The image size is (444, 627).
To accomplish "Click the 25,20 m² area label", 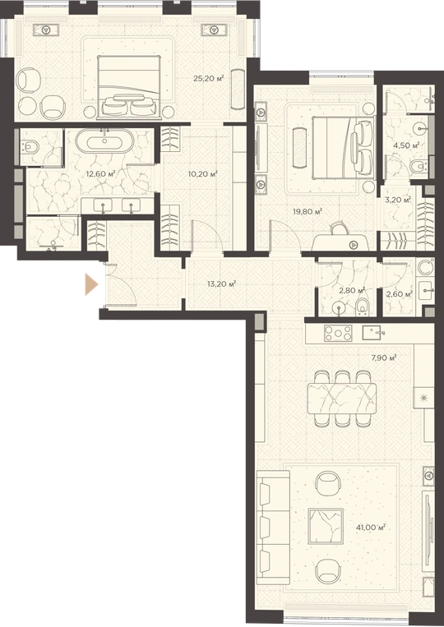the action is (x=208, y=78).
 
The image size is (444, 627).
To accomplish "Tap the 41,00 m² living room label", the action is (x=371, y=528).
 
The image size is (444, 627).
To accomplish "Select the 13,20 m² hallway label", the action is (x=222, y=284).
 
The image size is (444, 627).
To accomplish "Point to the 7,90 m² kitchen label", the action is (x=384, y=358).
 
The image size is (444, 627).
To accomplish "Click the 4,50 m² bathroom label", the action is (x=406, y=145).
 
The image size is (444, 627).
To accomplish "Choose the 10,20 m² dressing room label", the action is (x=203, y=174).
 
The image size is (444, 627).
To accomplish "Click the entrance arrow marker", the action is (x=91, y=284).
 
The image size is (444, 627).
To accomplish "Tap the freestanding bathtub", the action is (x=104, y=141).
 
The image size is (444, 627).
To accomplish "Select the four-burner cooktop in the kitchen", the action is (x=338, y=333).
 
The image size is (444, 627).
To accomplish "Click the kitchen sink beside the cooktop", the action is (x=373, y=333).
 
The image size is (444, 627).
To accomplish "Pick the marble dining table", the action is (x=342, y=399).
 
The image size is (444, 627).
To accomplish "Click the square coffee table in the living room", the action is (x=326, y=526).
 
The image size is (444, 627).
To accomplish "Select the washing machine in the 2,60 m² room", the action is (x=426, y=268).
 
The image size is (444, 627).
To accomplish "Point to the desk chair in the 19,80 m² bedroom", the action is (x=340, y=228).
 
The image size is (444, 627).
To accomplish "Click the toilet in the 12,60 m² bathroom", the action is (x=30, y=147).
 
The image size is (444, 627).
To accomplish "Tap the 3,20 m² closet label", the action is (x=398, y=200).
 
